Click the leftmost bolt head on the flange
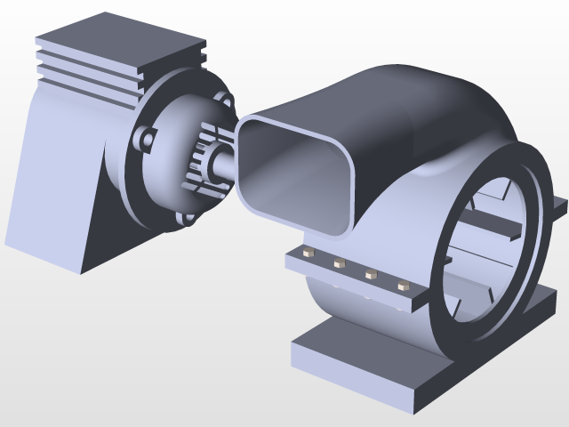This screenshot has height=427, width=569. coord(309,254)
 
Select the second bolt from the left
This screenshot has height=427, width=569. coord(338,263)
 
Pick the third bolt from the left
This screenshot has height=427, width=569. coord(370,274)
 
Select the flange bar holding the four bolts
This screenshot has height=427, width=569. coord(356,280)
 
